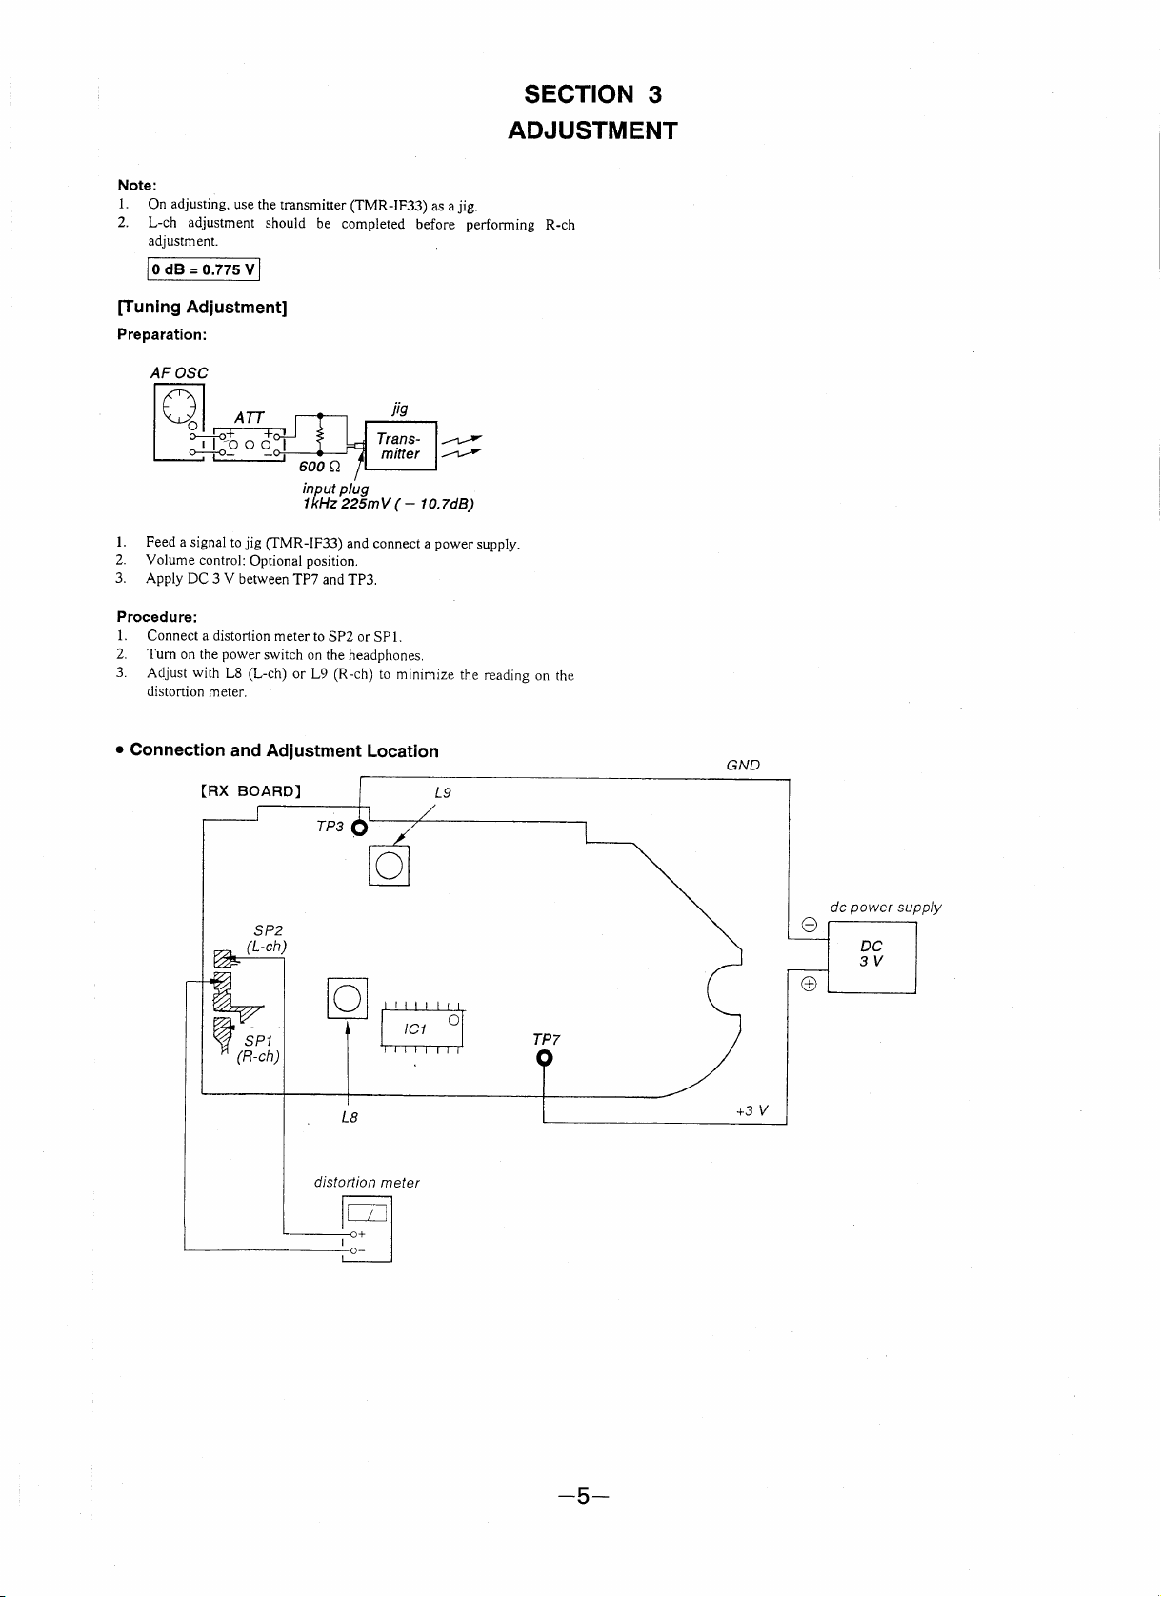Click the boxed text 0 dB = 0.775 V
tap(203, 269)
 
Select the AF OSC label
tap(179, 373)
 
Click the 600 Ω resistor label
tap(319, 467)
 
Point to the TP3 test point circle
tap(360, 828)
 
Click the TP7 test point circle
tap(544, 1058)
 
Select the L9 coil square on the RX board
tap(389, 866)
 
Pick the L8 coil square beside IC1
tap(348, 998)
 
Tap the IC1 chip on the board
tap(422, 1028)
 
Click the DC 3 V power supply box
tap(871, 957)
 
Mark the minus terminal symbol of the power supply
tap(810, 925)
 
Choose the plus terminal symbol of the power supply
tap(809, 984)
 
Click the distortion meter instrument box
tap(368, 1228)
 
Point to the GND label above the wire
tap(743, 765)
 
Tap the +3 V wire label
tap(752, 1110)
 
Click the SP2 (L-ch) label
tap(267, 938)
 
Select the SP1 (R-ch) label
tap(258, 1048)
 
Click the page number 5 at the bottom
tap(583, 1496)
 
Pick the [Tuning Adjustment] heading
tap(202, 308)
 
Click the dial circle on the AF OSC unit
tap(179, 407)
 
